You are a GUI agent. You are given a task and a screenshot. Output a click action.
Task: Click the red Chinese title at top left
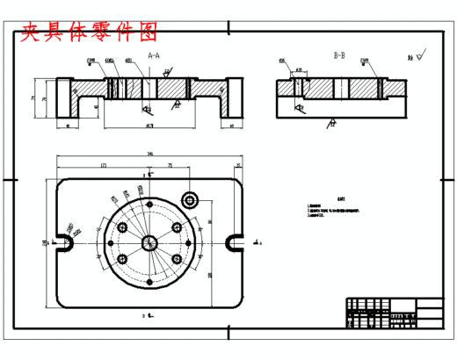click(x=89, y=33)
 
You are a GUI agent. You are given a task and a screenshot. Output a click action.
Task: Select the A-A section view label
click(x=153, y=55)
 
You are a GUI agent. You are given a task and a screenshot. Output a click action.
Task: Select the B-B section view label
click(x=339, y=55)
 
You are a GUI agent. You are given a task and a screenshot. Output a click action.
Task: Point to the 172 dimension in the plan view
click(x=104, y=164)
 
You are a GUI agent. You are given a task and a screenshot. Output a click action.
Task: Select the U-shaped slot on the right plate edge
click(x=235, y=241)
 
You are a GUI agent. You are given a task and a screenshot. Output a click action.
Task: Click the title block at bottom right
click(x=394, y=313)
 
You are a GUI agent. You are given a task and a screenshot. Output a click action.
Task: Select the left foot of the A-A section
click(x=62, y=98)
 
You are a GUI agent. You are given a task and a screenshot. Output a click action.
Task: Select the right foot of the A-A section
click(x=234, y=98)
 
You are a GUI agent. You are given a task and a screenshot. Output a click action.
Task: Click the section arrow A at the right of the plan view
click(x=256, y=241)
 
